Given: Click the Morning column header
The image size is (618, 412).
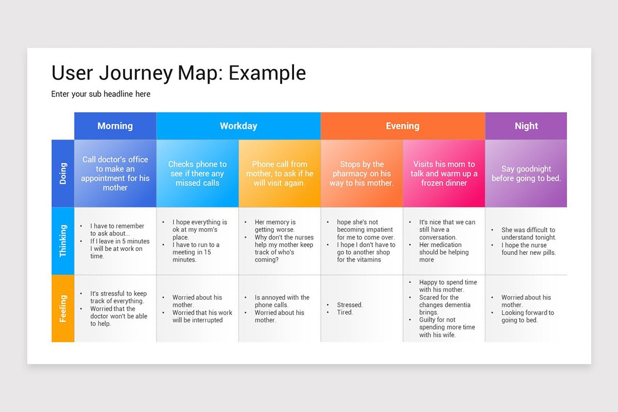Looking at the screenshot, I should click(x=115, y=126).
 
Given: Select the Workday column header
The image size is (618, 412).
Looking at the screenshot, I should click(x=238, y=126).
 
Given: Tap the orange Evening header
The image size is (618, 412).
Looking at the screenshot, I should click(x=402, y=126).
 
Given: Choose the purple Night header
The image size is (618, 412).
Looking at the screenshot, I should click(x=526, y=126).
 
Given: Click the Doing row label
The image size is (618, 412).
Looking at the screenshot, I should click(x=63, y=173).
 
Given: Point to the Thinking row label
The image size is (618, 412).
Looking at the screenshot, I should click(x=63, y=241).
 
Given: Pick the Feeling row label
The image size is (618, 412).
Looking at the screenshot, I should click(x=63, y=308).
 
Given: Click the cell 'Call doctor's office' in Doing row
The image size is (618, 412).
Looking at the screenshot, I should click(x=115, y=174).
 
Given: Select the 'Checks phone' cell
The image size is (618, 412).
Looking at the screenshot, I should click(x=197, y=174).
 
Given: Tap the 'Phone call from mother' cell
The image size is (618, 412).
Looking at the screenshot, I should click(x=279, y=174).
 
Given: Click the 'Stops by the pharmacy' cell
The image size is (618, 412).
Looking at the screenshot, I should click(x=362, y=174).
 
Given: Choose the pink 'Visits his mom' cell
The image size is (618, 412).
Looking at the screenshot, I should click(x=443, y=174).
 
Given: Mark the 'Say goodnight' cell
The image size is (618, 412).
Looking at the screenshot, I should click(x=526, y=174).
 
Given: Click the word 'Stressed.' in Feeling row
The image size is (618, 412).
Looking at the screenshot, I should click(x=350, y=305).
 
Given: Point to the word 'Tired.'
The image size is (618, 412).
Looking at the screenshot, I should click(x=345, y=312).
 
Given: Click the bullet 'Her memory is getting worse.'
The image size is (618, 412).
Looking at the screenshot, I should click(x=275, y=226).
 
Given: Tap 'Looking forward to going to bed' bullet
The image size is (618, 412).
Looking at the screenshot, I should click(x=527, y=316).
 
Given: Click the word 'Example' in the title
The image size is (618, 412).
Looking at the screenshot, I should click(x=267, y=73).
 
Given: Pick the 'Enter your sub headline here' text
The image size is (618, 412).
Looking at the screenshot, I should click(x=101, y=94).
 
